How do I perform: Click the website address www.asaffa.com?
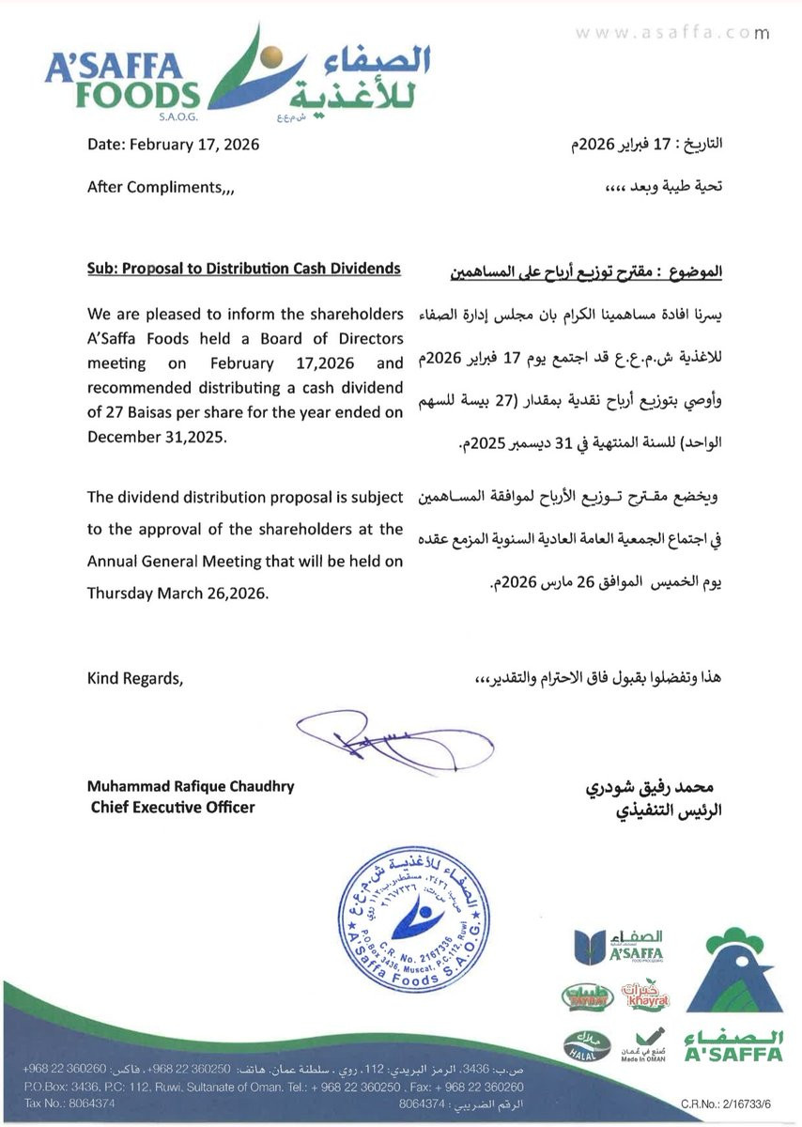671,33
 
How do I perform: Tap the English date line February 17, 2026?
173,146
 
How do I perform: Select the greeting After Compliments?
161,187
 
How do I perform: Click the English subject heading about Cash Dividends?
243,269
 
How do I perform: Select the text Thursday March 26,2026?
177,594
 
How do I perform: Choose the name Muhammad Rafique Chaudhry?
191,786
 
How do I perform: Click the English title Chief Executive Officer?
173,807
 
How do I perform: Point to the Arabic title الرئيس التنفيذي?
663,810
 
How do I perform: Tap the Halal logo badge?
582,1045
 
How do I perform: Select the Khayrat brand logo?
645,996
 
